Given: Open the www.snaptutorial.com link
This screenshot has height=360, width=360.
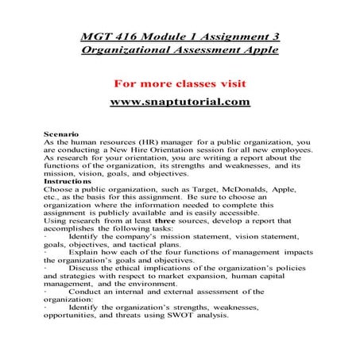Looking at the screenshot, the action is (x=180, y=102).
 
